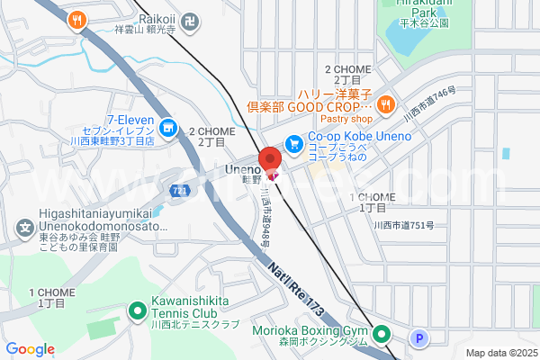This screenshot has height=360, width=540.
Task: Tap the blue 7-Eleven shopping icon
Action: [169, 124]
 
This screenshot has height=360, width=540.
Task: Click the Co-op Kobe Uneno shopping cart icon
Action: [293, 143]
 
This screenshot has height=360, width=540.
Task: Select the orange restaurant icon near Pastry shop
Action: [385, 103]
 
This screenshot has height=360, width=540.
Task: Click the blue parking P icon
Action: [418, 338]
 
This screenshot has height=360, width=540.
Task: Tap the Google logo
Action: [31, 349]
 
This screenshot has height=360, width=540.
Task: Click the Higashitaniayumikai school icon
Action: [23, 221]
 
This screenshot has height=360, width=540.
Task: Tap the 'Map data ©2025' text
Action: [500, 353]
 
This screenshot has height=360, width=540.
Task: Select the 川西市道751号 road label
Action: [405, 226]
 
